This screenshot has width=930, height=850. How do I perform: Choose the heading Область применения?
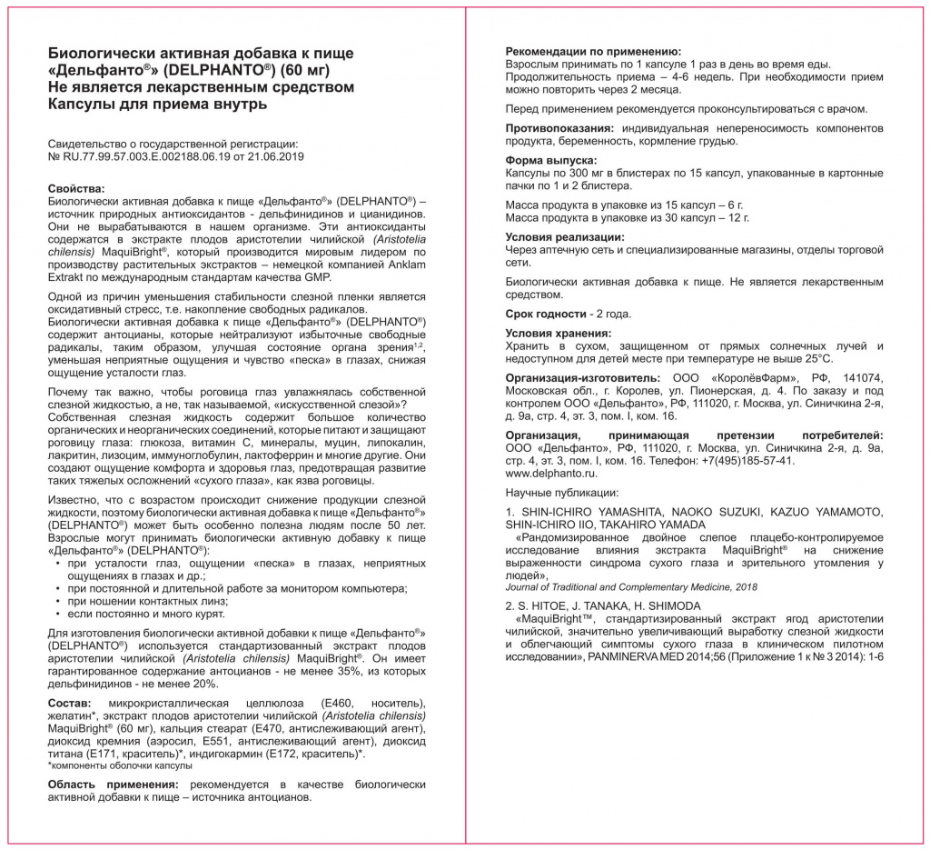click(x=113, y=784)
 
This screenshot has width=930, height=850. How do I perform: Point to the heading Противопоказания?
click(x=558, y=128)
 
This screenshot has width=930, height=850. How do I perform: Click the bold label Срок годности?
click(x=546, y=314)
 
